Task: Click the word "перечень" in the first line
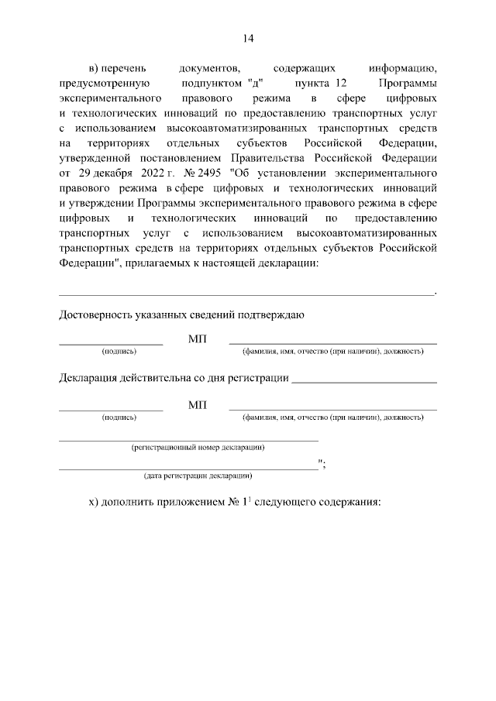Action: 125,70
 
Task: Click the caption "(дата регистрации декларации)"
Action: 198,475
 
